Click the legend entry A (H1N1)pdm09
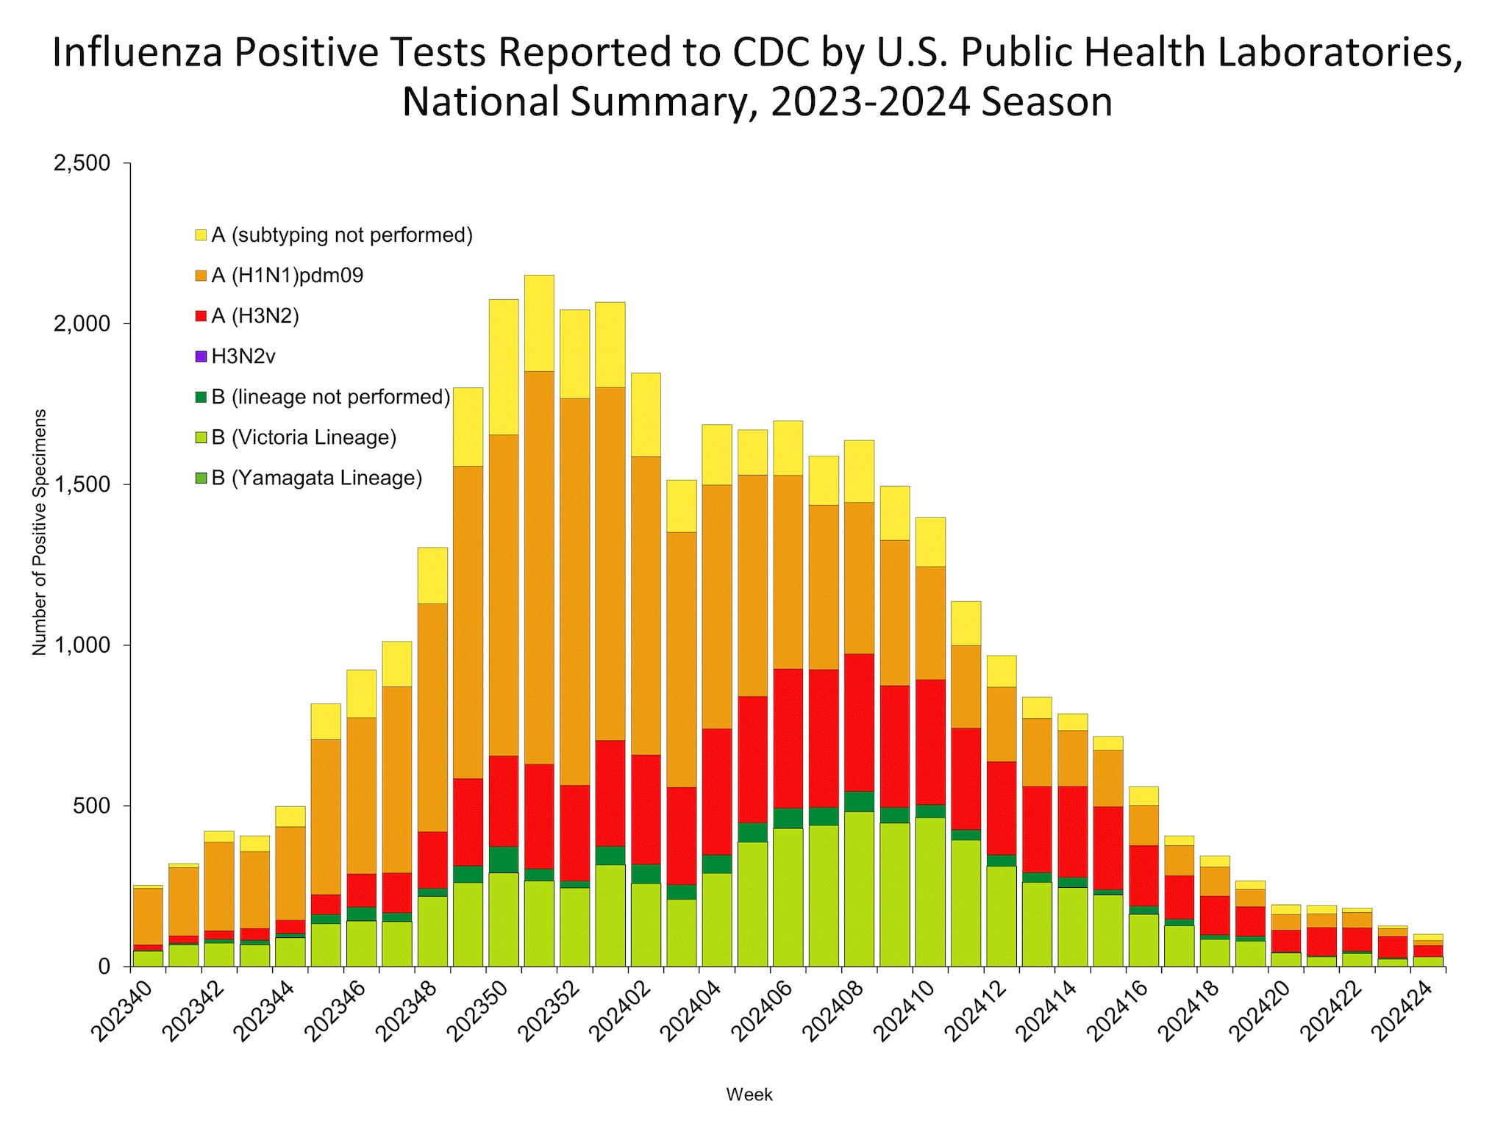click(x=287, y=276)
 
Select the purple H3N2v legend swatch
click(x=201, y=357)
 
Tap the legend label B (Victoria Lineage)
click(x=304, y=438)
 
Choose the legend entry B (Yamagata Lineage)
click(x=316, y=479)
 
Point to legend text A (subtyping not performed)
click(x=342, y=236)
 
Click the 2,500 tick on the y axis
click(x=82, y=163)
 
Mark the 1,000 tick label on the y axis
click(x=82, y=645)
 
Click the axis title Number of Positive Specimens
click(x=40, y=532)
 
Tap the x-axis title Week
click(x=749, y=1094)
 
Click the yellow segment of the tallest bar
click(x=539, y=323)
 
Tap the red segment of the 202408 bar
click(x=859, y=722)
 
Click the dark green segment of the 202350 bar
click(x=504, y=859)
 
